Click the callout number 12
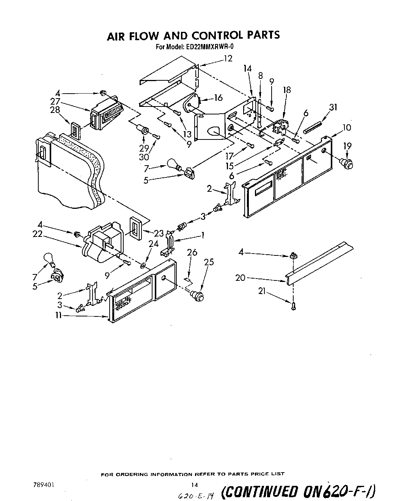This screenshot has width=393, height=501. point(228,58)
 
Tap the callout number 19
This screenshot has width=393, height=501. point(347,146)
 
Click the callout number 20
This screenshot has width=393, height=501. point(240,278)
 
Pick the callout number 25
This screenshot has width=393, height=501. point(209,262)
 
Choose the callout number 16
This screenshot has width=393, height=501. point(218,98)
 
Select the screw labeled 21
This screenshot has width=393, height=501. point(293,307)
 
